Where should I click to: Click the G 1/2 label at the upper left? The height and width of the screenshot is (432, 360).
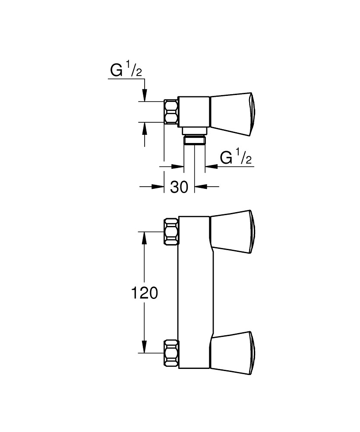pos(126,71)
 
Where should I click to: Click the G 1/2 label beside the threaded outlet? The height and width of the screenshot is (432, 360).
pos(236,158)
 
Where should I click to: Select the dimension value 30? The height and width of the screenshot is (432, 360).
pos(180,187)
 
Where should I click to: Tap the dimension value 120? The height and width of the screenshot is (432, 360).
pos(145,293)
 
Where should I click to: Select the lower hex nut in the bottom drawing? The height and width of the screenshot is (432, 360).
pos(171,352)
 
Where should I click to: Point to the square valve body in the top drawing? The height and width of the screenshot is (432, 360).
pos(194,112)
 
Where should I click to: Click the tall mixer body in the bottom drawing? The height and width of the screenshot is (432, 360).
pos(194,294)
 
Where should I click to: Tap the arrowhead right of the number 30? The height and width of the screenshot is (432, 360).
pos(200,187)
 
